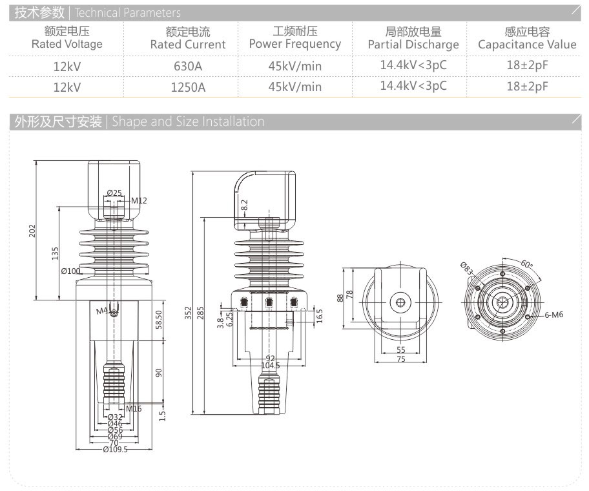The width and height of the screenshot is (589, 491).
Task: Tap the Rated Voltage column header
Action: tap(67, 38)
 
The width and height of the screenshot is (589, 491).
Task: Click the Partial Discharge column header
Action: tap(413, 38)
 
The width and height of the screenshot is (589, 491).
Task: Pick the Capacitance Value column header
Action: tap(527, 38)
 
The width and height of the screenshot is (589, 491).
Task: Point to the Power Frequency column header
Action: tap(295, 38)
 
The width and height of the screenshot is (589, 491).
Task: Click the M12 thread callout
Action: tap(139, 200)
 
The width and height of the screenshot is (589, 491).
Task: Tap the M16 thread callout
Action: tap(134, 408)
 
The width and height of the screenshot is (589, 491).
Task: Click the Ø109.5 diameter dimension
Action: tap(115, 450)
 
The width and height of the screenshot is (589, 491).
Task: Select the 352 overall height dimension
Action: tap(188, 313)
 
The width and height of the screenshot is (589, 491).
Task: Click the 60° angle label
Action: tap(527, 264)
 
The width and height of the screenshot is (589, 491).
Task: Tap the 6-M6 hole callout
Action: tap(554, 315)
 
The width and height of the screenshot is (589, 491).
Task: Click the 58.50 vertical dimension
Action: tap(159, 319)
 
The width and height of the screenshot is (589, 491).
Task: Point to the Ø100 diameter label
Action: tap(70, 271)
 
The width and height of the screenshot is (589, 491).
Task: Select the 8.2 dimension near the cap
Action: tap(244, 205)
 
